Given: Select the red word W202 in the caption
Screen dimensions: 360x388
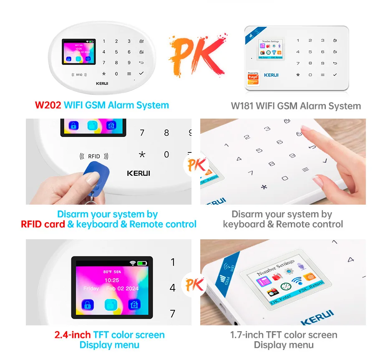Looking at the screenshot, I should coord(48,105).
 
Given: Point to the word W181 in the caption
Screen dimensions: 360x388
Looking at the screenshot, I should coord(242,106).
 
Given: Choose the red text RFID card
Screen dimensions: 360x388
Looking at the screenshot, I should coord(43,224).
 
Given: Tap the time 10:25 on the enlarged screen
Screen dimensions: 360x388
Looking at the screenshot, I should coord(111,280).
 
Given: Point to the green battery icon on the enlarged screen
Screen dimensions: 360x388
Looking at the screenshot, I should coord(143,264).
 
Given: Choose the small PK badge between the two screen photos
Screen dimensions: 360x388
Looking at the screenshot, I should coord(194,286).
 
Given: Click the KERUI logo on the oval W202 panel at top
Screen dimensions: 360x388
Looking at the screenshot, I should coord(102,83).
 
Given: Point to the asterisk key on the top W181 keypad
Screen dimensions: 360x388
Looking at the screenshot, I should coord(298,75).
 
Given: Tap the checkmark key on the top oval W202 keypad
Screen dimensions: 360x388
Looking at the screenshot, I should coord(141,74).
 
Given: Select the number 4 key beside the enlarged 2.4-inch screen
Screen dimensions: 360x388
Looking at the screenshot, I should coord(173,288).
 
